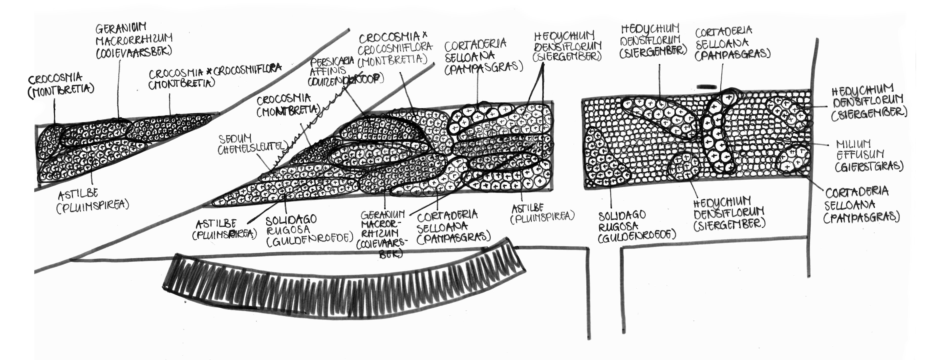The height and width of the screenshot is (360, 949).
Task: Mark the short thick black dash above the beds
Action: [x=707, y=87]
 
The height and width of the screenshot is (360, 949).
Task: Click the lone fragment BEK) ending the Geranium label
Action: [x=390, y=254]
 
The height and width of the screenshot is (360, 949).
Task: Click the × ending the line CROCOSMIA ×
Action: [x=424, y=35]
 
